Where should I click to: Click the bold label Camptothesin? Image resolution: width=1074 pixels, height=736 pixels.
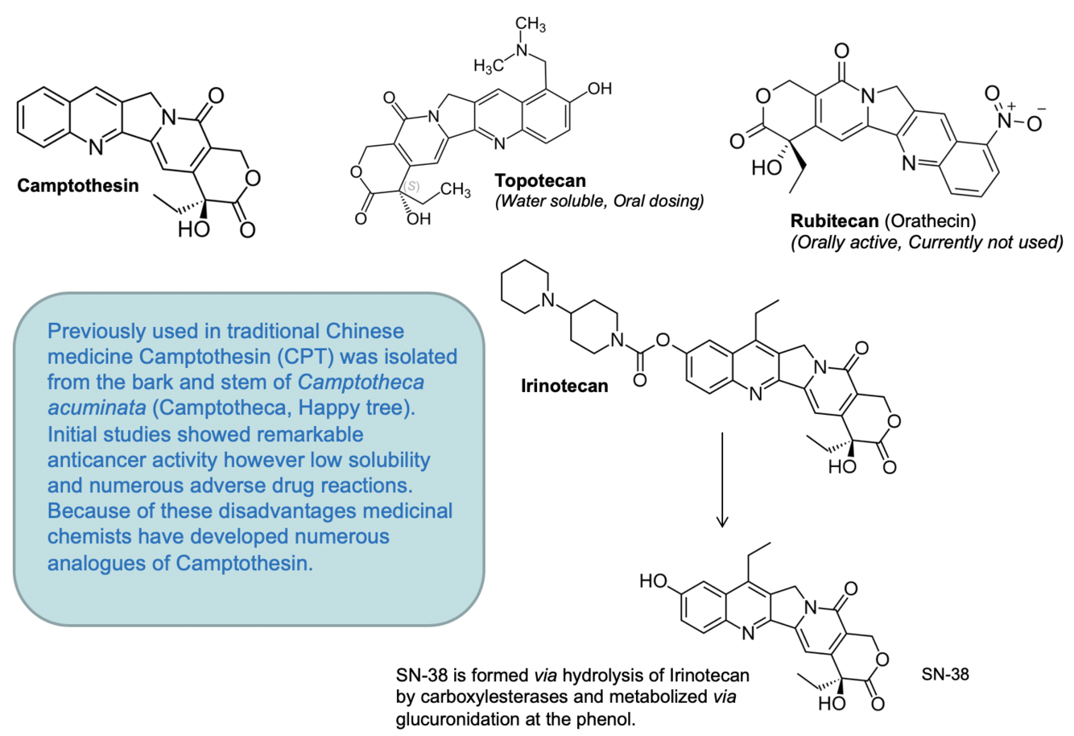77,186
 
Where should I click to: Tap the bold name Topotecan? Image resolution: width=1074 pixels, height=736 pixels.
540,180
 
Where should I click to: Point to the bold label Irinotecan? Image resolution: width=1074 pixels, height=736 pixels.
564,386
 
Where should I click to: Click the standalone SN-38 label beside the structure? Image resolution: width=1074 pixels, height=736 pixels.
945,673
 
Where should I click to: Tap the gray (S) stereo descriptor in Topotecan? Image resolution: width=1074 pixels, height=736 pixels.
411,186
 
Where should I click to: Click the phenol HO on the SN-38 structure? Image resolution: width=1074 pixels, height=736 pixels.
653,581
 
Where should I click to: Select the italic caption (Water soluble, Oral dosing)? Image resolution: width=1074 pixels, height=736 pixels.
599,201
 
